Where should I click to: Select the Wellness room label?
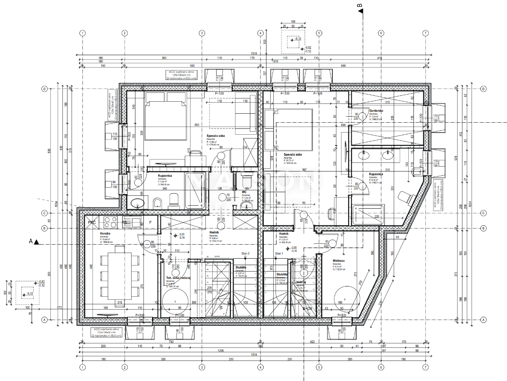[x=338, y=260]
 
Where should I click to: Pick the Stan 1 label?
[x=279, y=254]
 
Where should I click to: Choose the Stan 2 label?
[x=245, y=254]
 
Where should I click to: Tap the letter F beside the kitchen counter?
[x=150, y=223]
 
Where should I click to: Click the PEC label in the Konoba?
[x=92, y=223]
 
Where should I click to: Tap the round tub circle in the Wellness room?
[x=346, y=298]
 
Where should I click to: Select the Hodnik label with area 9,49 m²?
[x=214, y=236]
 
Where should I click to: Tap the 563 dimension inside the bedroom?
[x=197, y=125]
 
